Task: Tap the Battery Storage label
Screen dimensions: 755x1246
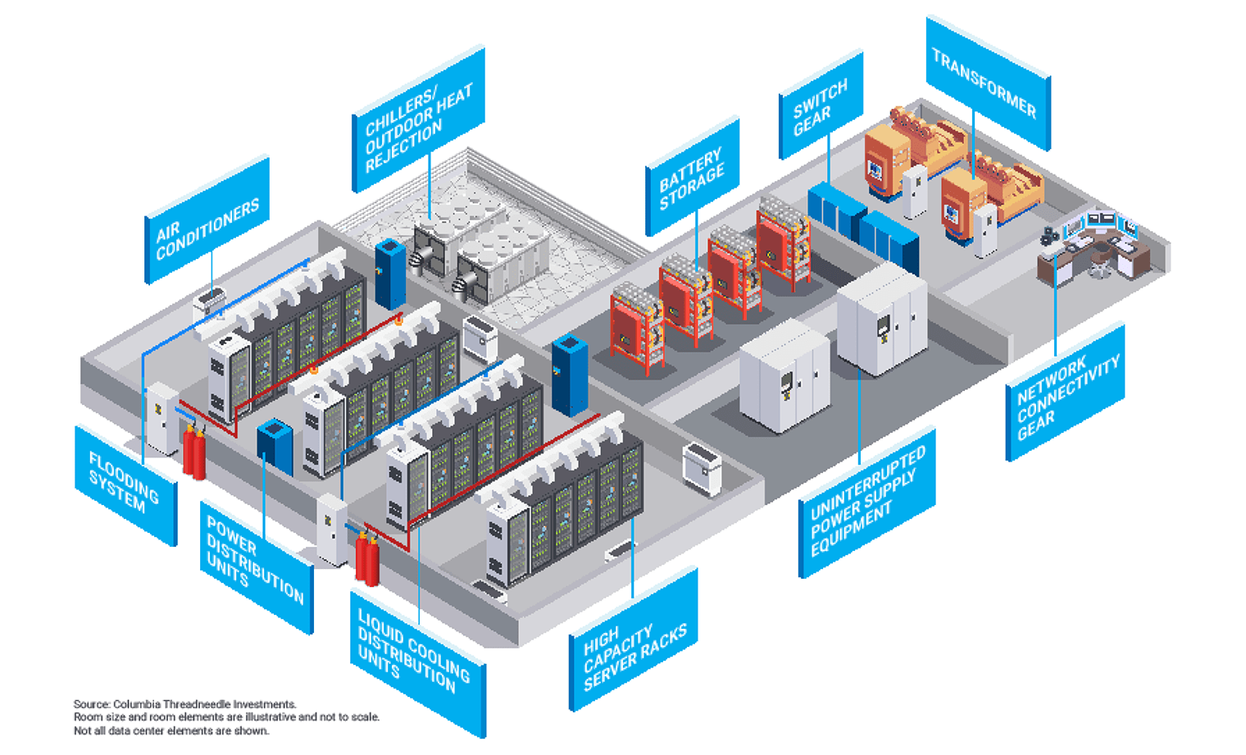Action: click(693, 180)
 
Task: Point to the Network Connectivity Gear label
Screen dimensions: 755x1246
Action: click(1064, 393)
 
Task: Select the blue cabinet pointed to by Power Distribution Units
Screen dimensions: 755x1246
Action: click(275, 447)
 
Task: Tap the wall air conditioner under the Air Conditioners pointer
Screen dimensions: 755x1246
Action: click(209, 303)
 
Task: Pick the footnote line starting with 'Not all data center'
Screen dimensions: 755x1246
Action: click(171, 730)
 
